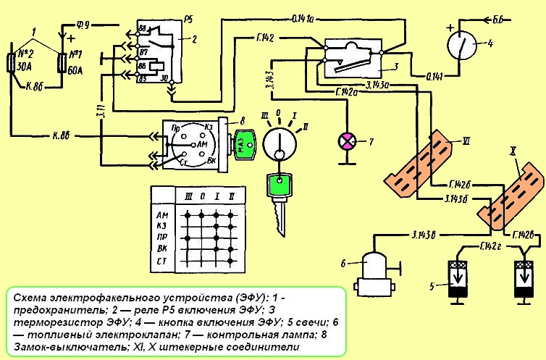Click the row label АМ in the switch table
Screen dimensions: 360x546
pyautogui.click(x=162, y=215)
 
